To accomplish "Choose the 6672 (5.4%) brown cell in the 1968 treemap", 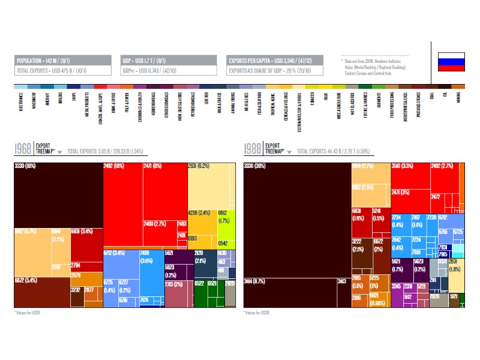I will click(x=41, y=292).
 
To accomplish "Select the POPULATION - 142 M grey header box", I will click(x=64, y=61).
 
